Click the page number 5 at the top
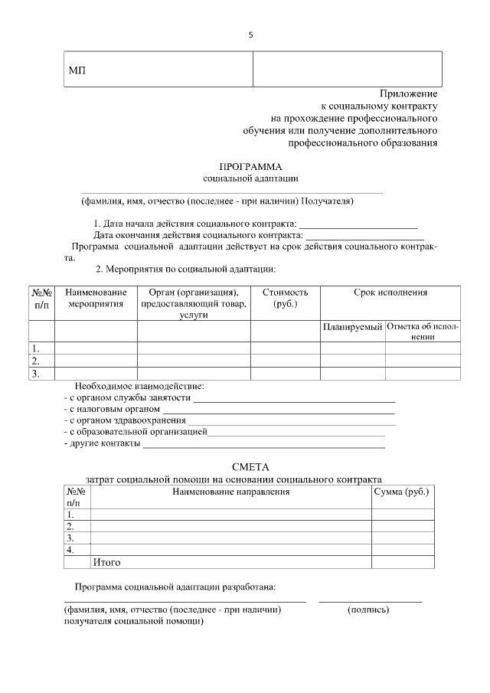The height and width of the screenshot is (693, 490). click(250, 35)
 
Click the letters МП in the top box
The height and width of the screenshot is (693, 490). click(77, 71)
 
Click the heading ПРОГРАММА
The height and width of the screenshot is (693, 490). click(250, 166)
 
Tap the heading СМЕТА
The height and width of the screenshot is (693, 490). click(250, 466)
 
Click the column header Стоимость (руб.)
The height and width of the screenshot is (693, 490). click(285, 299)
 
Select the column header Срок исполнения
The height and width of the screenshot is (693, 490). click(390, 293)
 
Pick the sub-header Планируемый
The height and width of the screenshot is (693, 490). click(352, 327)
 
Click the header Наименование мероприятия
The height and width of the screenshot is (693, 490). click(96, 299)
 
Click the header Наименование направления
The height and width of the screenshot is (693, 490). click(231, 490)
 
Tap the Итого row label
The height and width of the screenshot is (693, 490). click(106, 562)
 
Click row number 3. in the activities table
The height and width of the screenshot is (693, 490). click(34, 374)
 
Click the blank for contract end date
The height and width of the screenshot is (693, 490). click(365, 235)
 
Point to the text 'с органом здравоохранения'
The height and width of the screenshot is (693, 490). click(125, 421)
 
